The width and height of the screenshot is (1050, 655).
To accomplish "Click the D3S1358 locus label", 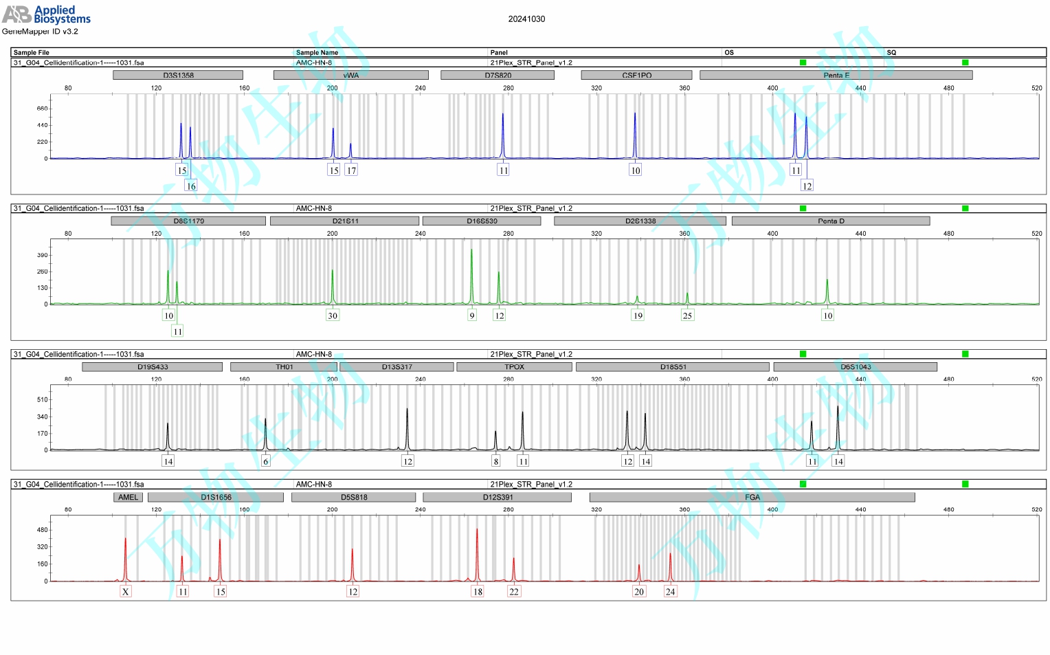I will pyautogui.click(x=178, y=75).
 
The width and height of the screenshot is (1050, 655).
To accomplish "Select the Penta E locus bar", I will pyautogui.click(x=836, y=75).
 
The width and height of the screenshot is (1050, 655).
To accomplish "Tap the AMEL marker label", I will pyautogui.click(x=129, y=497).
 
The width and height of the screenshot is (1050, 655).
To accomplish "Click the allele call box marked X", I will pyautogui.click(x=125, y=591).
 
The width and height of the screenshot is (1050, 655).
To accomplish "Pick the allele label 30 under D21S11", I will pyautogui.click(x=333, y=315).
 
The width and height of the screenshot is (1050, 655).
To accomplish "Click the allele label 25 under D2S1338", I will pyautogui.click(x=687, y=315).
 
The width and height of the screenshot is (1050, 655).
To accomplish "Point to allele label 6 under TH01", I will pyautogui.click(x=266, y=461).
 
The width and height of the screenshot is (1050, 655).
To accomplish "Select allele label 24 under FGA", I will pyautogui.click(x=670, y=591).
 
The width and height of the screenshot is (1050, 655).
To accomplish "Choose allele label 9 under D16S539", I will pyautogui.click(x=472, y=315).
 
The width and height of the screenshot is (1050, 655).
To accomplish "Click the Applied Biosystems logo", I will pyautogui.click(x=46, y=14).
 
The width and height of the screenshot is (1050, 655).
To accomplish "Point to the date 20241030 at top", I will pyautogui.click(x=526, y=19).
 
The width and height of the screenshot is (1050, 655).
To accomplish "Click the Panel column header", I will pyautogui.click(x=499, y=52).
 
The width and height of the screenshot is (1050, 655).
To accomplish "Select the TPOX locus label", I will pyautogui.click(x=514, y=366).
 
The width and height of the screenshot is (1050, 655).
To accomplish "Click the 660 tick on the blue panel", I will pyautogui.click(x=43, y=109).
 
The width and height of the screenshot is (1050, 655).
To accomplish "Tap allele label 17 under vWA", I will pyautogui.click(x=351, y=170).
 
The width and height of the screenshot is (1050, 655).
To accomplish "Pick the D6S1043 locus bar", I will pyautogui.click(x=855, y=366).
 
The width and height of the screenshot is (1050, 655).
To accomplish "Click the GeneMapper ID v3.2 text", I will pyautogui.click(x=40, y=32).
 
